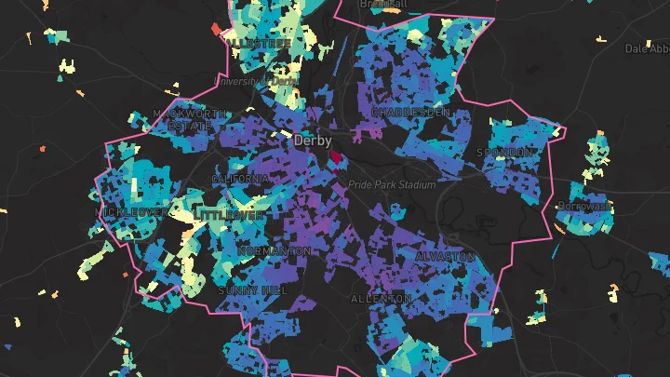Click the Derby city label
click(x=313, y=141)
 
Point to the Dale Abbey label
click(x=646, y=48)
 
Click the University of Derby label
click(x=256, y=82)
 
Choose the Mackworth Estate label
click(x=190, y=119)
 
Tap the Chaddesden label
click(x=410, y=112)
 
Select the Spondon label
click(x=506, y=152)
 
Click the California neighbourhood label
click(x=240, y=178)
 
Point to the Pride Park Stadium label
click(x=392, y=185)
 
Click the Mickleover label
click(x=133, y=212)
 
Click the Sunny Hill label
click(x=252, y=290)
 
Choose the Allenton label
click(x=381, y=299)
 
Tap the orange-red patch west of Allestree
click(x=217, y=31)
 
